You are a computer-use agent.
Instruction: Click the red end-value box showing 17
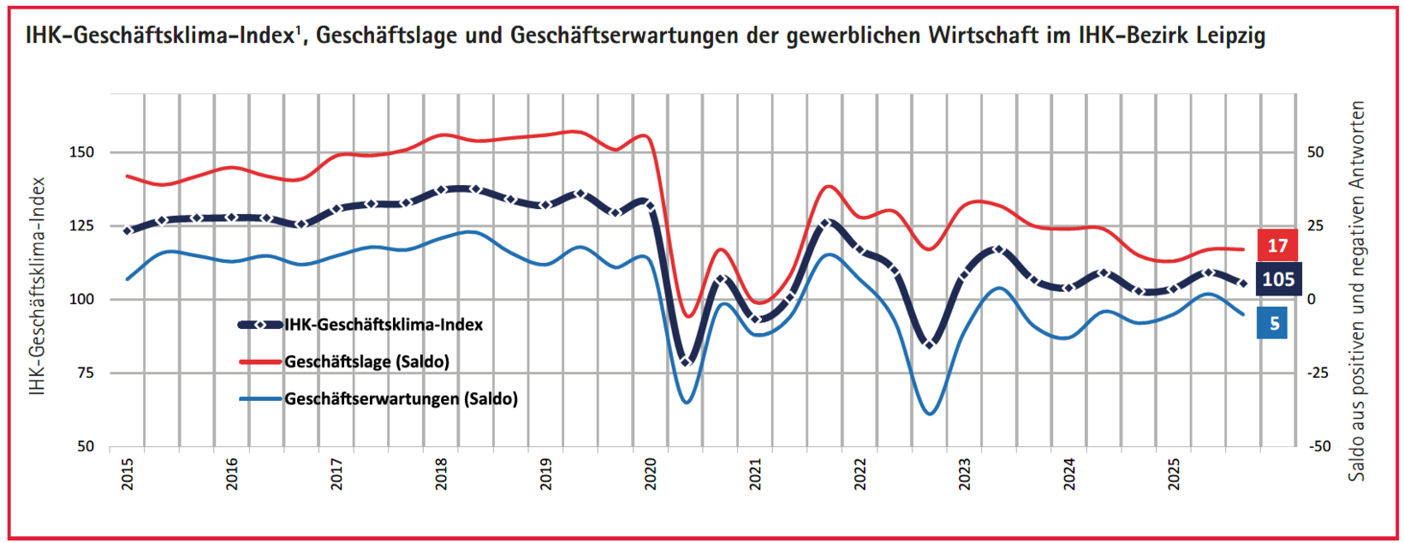point(1277,246)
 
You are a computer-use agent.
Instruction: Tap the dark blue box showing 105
point(1277,279)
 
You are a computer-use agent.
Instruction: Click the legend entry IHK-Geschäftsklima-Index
point(384,325)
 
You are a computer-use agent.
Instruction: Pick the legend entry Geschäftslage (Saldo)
point(366,361)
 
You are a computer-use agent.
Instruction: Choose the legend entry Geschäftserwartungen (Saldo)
point(401,398)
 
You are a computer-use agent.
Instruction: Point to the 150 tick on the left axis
point(82,152)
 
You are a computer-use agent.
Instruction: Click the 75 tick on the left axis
point(86,373)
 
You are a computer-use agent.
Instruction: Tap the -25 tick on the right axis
point(1318,373)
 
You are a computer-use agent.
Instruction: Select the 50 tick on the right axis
point(1315,152)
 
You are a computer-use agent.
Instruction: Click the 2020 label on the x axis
point(651,474)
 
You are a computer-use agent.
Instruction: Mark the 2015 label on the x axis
point(128,474)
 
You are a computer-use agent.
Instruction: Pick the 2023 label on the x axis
point(965,474)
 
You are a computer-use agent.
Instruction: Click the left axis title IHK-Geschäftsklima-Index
point(36,287)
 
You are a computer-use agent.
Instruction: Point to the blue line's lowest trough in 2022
point(931,415)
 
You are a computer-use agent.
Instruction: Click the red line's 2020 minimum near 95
point(687,316)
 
